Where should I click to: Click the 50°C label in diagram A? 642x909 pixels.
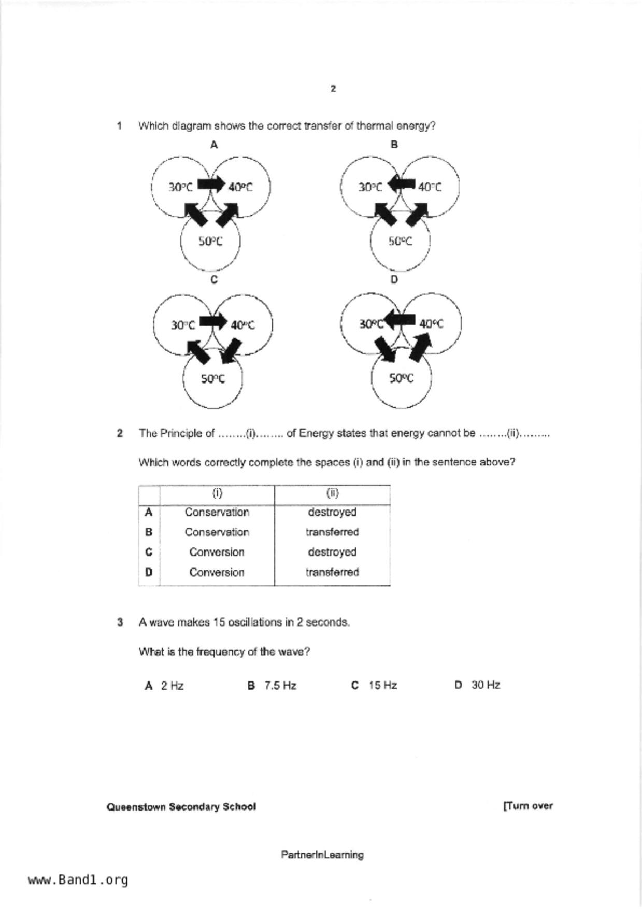[x=210, y=242]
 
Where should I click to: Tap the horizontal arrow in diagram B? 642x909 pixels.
[x=403, y=184]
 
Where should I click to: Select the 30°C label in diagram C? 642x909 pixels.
[x=183, y=325]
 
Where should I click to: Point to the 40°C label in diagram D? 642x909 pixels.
[x=431, y=324]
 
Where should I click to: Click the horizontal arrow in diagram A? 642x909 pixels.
[x=211, y=184]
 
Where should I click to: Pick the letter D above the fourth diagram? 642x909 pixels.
[x=394, y=279]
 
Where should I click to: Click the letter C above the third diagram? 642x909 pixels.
[x=214, y=280]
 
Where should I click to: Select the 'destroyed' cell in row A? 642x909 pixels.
[x=332, y=512]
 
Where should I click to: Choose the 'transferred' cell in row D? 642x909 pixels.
[x=332, y=572]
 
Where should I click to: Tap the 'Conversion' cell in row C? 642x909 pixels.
[x=217, y=552]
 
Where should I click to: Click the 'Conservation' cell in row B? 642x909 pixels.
[x=217, y=532]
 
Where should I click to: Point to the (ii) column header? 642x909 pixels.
[x=332, y=493]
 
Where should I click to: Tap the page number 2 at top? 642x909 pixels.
[x=333, y=89]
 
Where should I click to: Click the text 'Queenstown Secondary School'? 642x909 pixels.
[x=181, y=807]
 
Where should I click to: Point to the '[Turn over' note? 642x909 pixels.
[x=527, y=806]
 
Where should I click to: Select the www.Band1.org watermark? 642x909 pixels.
[x=78, y=880]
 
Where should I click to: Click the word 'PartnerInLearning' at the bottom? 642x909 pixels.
[x=322, y=855]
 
